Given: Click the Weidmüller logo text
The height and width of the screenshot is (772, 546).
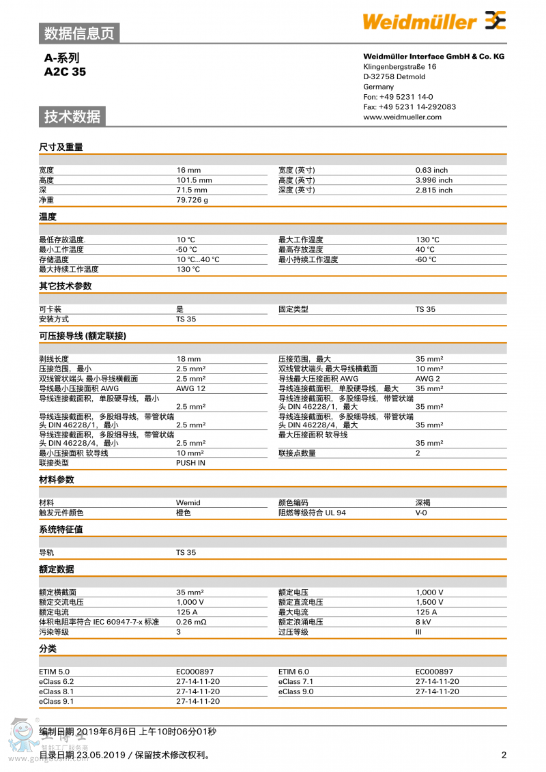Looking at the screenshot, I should point(419,22).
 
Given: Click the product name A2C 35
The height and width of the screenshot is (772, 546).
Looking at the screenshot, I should point(65,72).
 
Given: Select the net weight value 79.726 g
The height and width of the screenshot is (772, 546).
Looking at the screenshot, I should point(192,200).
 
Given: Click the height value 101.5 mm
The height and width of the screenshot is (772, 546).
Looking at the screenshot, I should point(194,180).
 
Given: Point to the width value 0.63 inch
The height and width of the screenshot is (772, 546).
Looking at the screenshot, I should point(431,170).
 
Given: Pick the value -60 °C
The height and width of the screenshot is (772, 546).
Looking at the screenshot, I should point(426,259).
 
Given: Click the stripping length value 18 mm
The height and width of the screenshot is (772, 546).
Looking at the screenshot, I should point(188,358).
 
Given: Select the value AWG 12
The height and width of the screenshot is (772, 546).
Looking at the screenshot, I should point(190,388).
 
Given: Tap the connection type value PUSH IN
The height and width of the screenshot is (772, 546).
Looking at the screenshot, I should point(190,463).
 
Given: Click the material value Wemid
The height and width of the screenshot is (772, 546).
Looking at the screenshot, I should point(188,502).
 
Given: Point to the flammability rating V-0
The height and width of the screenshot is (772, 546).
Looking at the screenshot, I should point(422,513).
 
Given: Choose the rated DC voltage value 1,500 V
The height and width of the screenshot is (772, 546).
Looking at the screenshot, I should point(429,602).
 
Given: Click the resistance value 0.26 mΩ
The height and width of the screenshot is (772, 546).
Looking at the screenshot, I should point(191,622).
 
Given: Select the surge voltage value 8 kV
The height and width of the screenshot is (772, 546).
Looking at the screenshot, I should point(423,622).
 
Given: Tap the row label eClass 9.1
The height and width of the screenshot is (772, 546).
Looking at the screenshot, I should point(57,701).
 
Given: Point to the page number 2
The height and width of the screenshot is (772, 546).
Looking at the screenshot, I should point(504,755).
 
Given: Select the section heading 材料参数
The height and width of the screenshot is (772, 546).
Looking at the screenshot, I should point(57,480).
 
